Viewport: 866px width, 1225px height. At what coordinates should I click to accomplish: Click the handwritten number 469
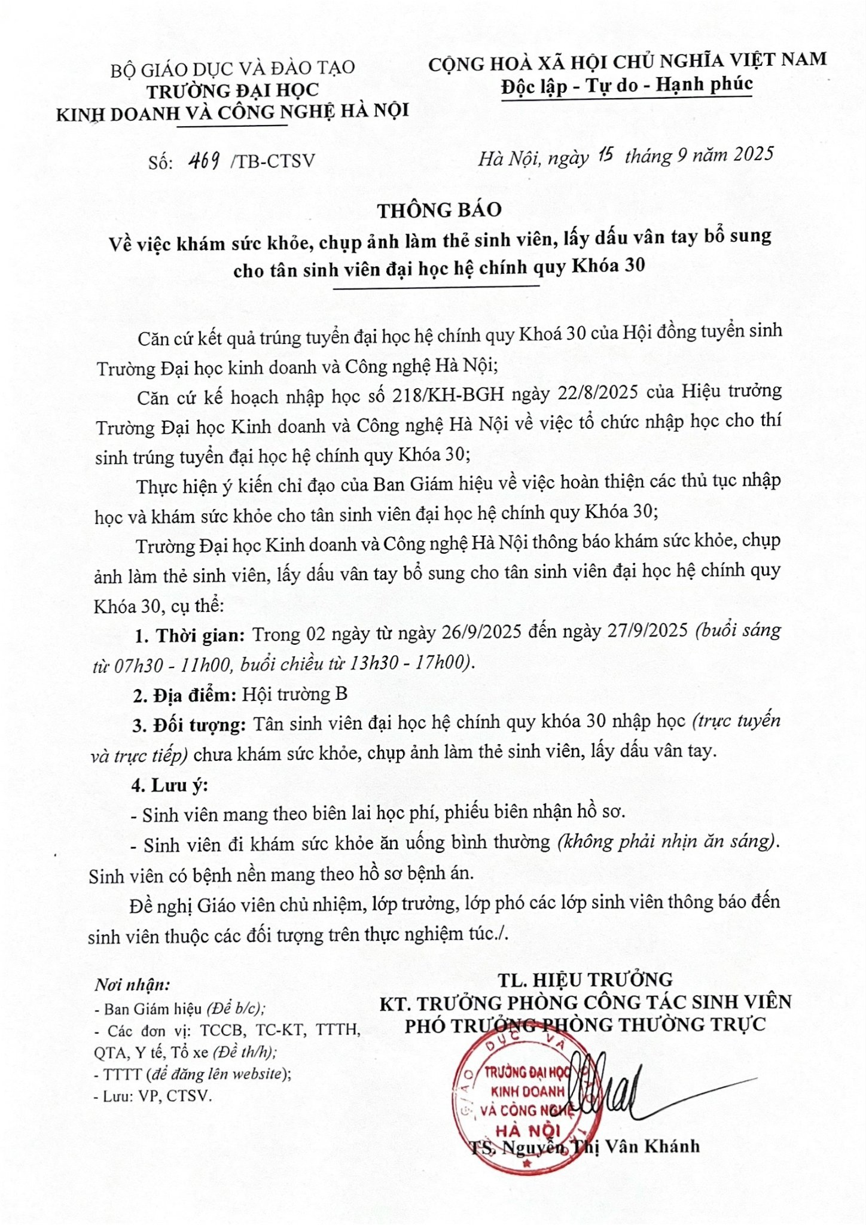(x=203, y=160)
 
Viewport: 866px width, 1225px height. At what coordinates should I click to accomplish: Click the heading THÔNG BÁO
(x=439, y=210)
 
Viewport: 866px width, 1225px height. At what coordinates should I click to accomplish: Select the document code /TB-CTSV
(x=272, y=161)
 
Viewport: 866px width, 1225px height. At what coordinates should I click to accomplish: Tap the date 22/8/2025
(x=599, y=393)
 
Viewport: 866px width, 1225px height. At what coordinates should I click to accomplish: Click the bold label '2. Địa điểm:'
(x=185, y=695)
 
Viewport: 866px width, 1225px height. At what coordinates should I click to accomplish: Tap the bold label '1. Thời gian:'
(x=189, y=635)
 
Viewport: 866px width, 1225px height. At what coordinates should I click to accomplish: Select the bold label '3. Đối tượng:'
(x=189, y=726)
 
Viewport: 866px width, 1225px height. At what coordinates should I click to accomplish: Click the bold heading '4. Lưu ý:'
(x=170, y=785)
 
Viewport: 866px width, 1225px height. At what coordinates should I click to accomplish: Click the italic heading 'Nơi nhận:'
(x=132, y=985)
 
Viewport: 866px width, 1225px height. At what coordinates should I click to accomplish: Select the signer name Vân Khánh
(x=652, y=1146)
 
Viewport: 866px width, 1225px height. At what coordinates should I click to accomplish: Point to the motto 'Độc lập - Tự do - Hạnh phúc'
(x=627, y=86)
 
